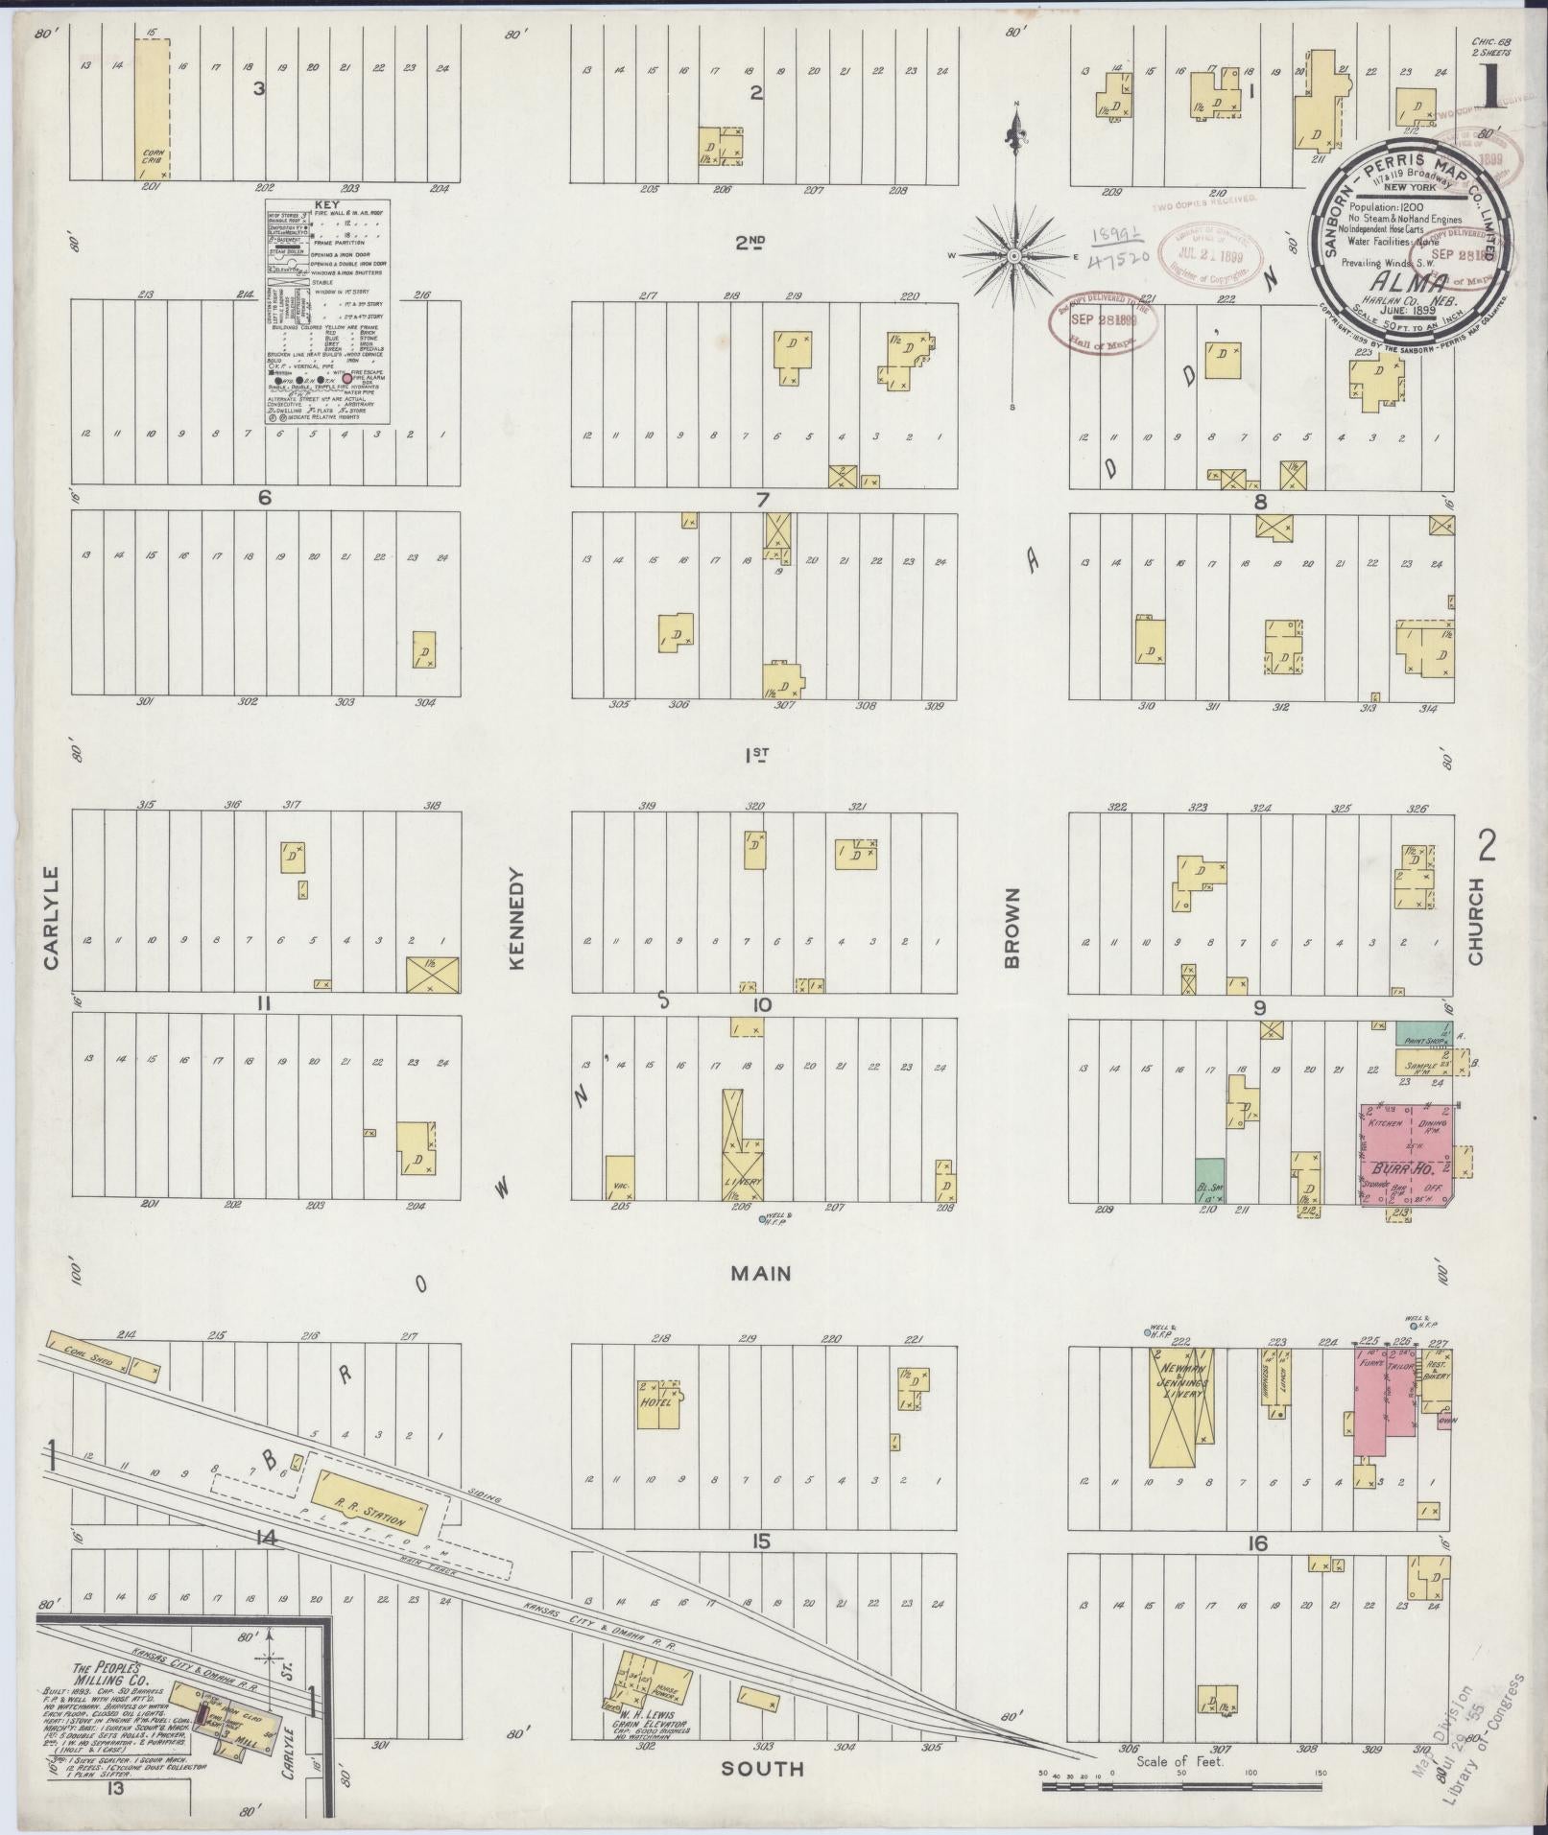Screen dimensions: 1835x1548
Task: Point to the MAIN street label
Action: point(761,1273)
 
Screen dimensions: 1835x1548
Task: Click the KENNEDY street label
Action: point(518,918)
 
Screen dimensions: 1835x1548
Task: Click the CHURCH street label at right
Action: point(1474,920)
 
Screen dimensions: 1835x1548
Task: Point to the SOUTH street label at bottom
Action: point(764,1768)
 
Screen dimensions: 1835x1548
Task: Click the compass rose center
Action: point(1014,256)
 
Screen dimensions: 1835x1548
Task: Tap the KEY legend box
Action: point(327,312)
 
